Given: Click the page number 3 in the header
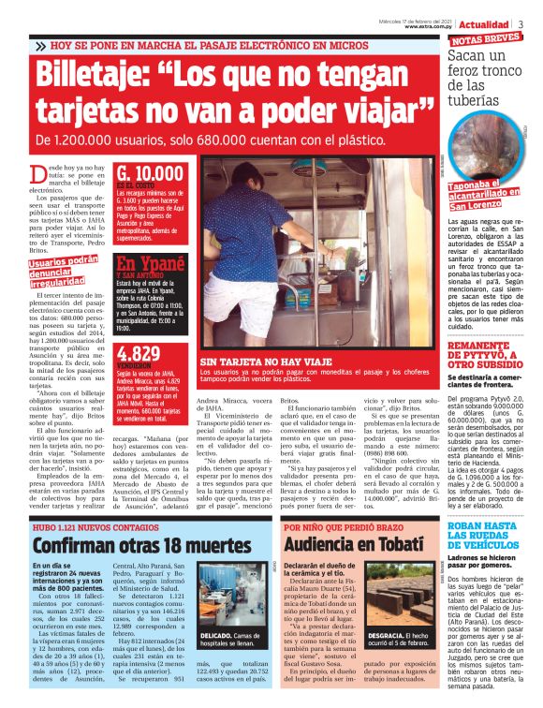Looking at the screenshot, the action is point(533,22).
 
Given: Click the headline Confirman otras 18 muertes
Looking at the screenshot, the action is point(129,545).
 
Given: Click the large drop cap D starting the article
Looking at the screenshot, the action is point(37,173).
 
